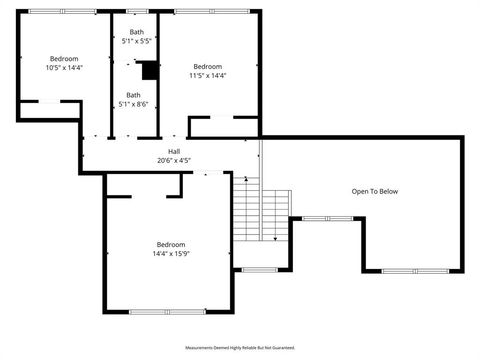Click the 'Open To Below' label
click(375, 191)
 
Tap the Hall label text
click(174, 151)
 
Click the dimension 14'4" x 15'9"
click(170, 254)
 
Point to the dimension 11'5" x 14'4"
click(208, 75)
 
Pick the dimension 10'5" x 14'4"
click(64, 68)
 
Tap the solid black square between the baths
click(149, 71)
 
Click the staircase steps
click(262, 212)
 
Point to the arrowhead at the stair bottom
click(275, 239)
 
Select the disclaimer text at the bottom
click(240, 348)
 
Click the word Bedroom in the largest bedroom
click(170, 245)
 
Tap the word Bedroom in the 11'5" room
click(208, 66)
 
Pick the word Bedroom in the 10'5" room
click(64, 59)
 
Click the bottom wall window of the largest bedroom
click(170, 312)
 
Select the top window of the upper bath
click(135, 11)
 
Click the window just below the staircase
click(260, 270)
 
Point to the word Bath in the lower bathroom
click(133, 95)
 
